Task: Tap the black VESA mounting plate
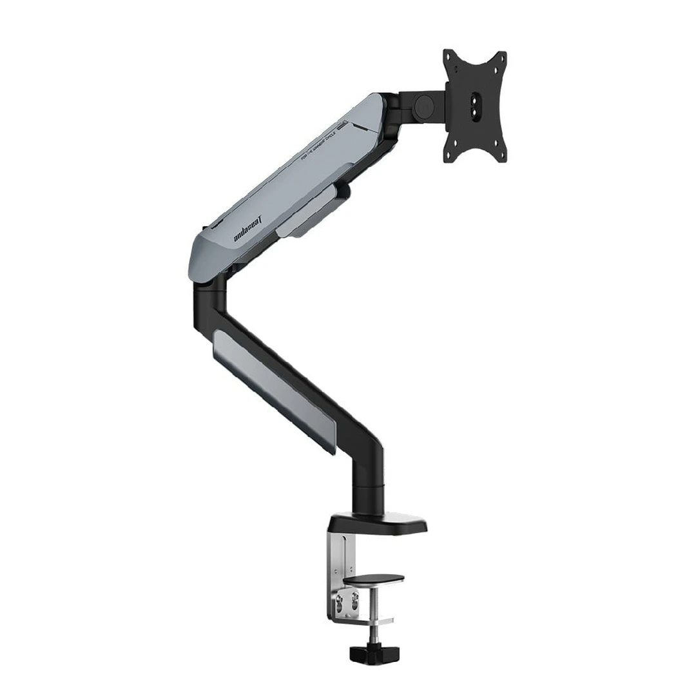coord(475,106)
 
